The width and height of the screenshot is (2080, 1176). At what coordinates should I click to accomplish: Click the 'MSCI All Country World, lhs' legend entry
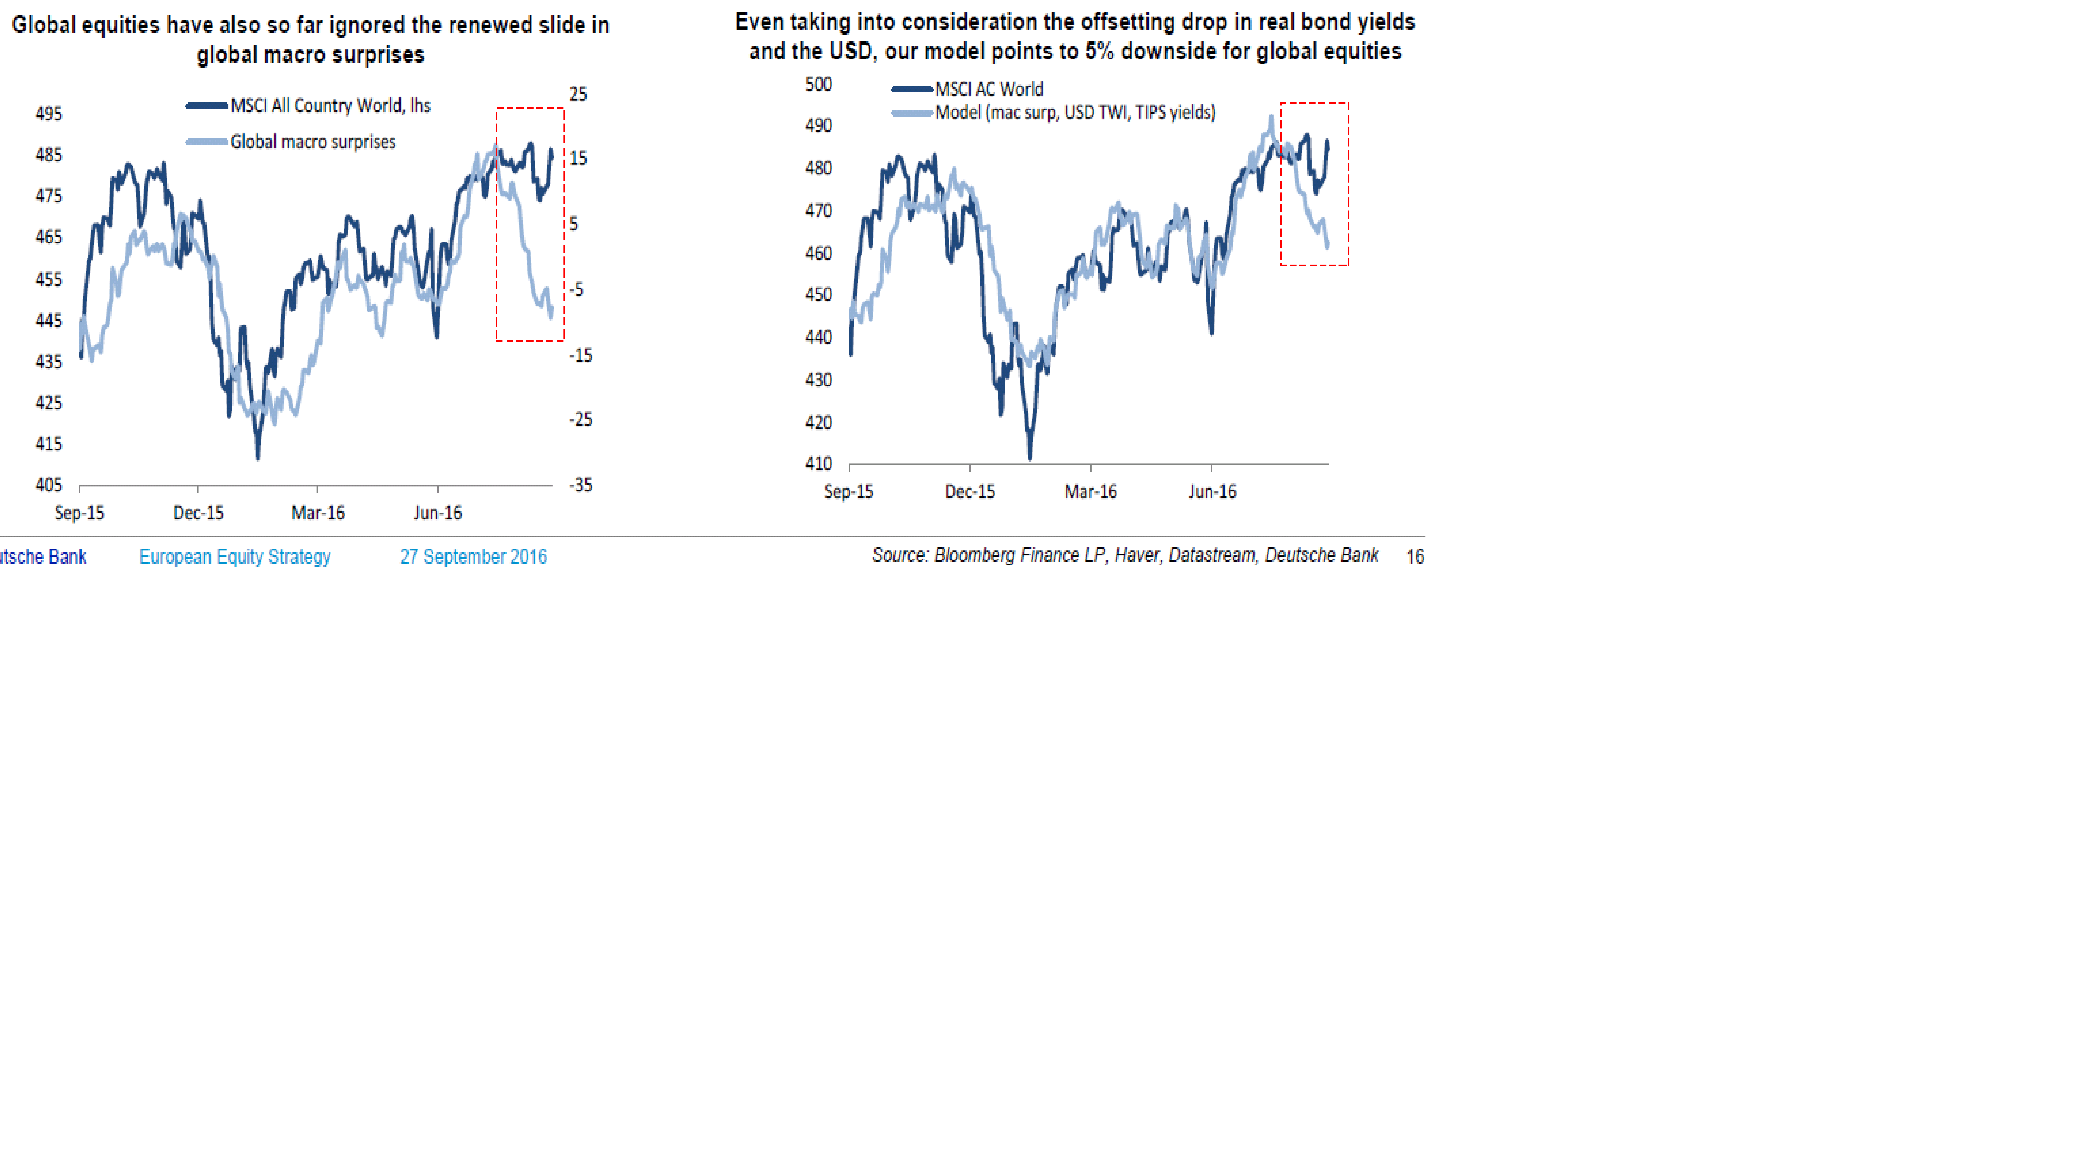click(x=329, y=106)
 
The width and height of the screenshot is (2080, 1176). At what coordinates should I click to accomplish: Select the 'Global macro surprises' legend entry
click(x=313, y=142)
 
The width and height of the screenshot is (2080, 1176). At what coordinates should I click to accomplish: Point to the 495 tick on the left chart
click(x=48, y=114)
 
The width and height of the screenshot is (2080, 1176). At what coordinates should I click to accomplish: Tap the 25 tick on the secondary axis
click(x=578, y=94)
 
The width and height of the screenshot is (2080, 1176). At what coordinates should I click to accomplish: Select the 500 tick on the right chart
click(x=818, y=84)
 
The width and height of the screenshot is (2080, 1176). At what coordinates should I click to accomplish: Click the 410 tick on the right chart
click(x=818, y=464)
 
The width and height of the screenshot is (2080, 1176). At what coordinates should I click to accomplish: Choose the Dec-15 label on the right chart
click(x=970, y=492)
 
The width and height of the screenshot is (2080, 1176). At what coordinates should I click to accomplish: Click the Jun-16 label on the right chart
click(x=1212, y=492)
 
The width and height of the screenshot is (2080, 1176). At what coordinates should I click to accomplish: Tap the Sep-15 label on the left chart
click(x=79, y=513)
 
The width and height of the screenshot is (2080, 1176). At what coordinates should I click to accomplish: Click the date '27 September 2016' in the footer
click(x=473, y=556)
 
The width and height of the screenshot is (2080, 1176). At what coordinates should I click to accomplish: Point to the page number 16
click(x=1415, y=556)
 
